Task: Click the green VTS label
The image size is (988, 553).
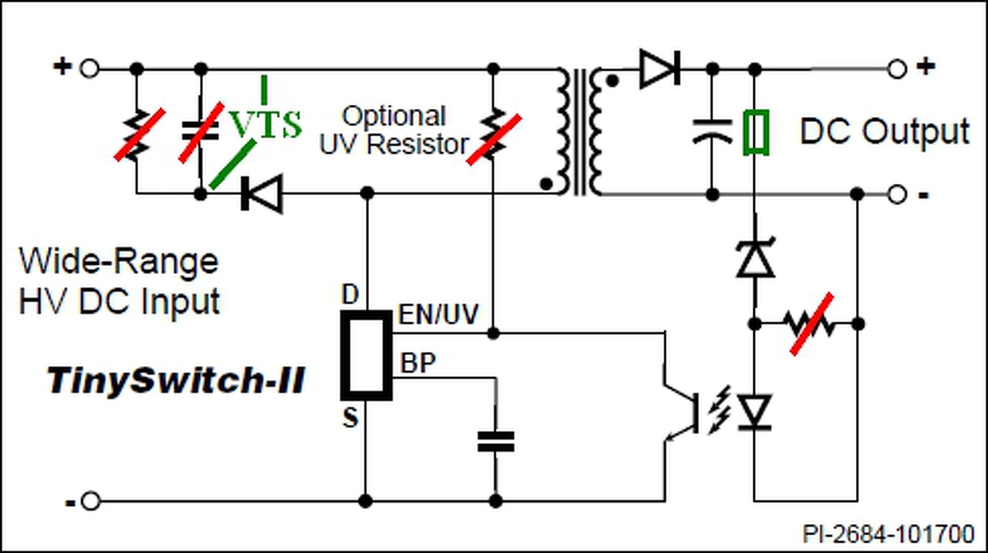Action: coord(266,124)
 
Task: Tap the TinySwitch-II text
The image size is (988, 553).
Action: coord(175,381)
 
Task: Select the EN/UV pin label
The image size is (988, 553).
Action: coord(438,314)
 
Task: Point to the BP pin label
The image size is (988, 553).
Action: coord(418,363)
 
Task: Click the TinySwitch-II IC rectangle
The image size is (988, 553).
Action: coord(366,355)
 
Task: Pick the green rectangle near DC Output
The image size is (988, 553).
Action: coord(756,132)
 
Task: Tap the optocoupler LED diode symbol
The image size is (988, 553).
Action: coord(755,412)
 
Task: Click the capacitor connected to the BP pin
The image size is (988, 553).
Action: coord(496,441)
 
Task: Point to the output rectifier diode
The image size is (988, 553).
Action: coord(660,69)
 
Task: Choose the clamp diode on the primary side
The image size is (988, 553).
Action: coord(262,193)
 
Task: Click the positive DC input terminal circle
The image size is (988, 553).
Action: coord(89,69)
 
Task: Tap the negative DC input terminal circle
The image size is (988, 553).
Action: coord(91,501)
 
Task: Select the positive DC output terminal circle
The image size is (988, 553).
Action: coord(897,70)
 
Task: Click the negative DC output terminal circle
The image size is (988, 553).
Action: coord(897,194)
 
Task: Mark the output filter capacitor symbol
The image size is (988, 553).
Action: coord(712,131)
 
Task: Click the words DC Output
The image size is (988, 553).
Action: coord(885,131)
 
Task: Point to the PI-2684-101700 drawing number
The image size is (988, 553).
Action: coord(888,534)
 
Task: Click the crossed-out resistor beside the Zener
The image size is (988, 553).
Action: coord(810,324)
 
